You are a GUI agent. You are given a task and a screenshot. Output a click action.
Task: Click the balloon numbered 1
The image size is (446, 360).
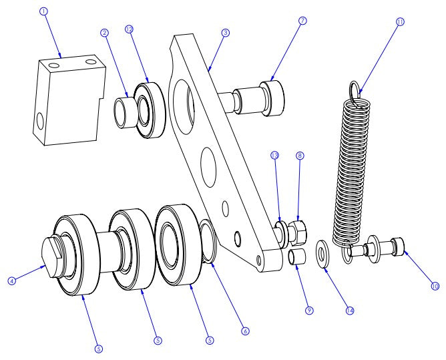tap(45, 11)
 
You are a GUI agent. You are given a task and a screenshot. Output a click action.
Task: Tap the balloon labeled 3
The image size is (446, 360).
tap(226, 33)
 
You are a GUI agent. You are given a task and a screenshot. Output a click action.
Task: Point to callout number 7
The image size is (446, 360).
tap(302, 21)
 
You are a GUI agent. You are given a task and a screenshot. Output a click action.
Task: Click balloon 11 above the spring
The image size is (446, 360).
tap(400, 21)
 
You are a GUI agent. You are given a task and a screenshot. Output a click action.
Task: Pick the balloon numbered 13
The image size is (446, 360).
tap(274, 155)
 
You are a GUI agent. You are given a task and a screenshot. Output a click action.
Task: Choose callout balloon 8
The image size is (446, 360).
tap(300, 155)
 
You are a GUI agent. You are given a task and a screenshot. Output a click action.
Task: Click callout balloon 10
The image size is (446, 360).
tap(435, 286)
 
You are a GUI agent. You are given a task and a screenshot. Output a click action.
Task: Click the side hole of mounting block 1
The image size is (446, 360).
tap(41, 122)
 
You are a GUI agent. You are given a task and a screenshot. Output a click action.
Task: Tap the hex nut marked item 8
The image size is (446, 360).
tap(298, 231)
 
